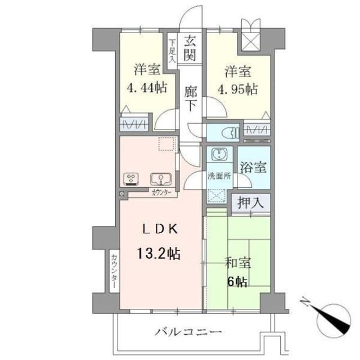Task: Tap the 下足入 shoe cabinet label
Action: [172, 49]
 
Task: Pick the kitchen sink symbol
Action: [159, 179]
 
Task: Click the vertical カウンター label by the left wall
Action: [114, 271]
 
